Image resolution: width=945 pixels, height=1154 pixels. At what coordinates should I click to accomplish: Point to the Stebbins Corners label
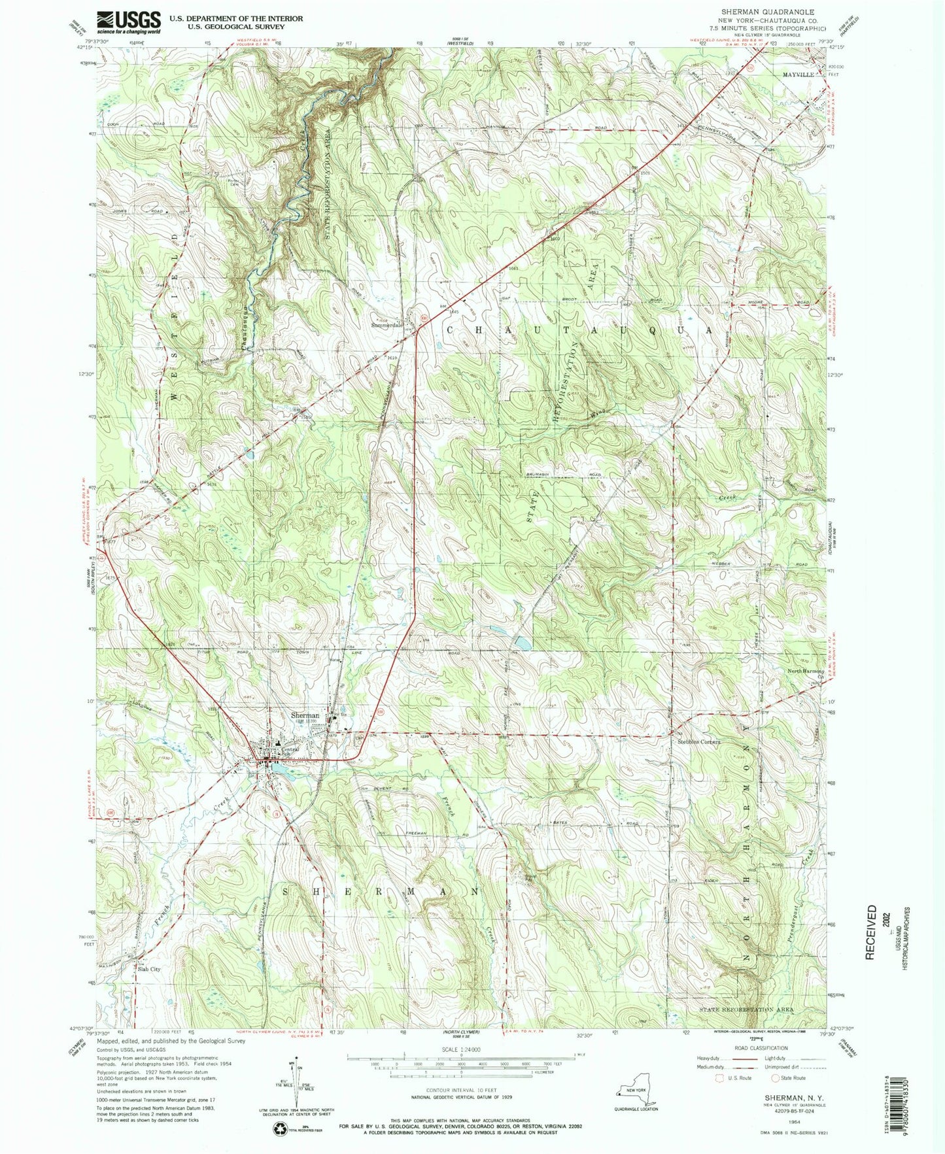[698, 742]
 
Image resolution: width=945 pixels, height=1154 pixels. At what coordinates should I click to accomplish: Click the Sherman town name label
[305, 715]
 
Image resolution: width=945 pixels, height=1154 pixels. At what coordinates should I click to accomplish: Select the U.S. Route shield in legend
[722, 1078]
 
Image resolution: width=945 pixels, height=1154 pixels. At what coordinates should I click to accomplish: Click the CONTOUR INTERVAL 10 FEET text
[462, 1091]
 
